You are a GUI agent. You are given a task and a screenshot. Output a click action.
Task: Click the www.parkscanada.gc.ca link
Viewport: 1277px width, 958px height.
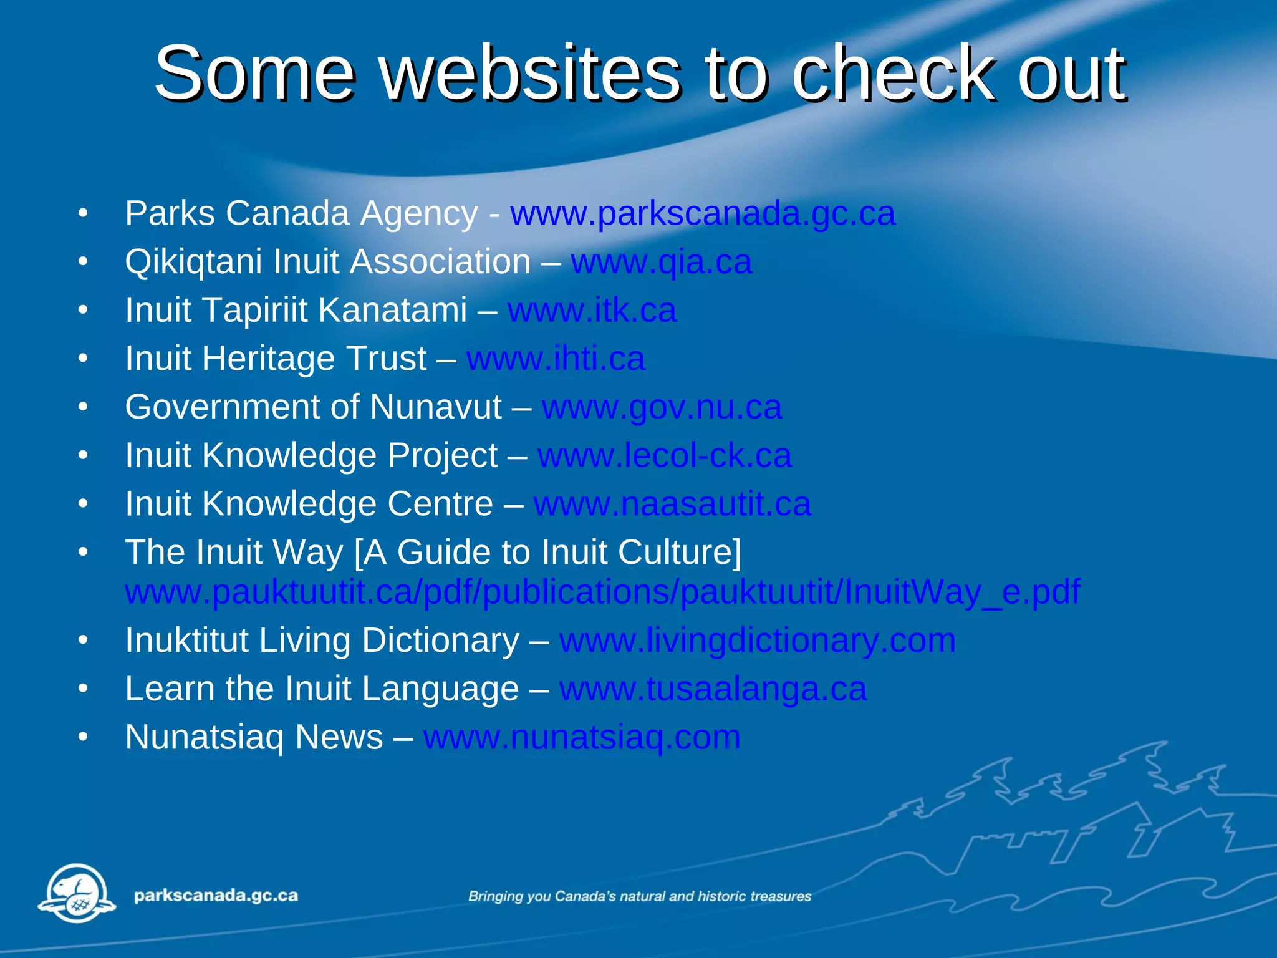pos(703,214)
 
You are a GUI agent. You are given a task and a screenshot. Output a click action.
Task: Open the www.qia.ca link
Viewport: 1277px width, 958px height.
pos(662,262)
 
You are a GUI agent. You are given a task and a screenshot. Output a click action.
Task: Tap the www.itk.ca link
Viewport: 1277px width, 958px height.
pos(592,311)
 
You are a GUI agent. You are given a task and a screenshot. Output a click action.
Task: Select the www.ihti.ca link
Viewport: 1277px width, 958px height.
pos(556,359)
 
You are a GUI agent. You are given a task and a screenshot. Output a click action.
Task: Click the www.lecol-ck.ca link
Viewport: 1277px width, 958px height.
pos(665,456)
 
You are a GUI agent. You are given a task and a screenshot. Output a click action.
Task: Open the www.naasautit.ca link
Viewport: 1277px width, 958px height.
pos(672,505)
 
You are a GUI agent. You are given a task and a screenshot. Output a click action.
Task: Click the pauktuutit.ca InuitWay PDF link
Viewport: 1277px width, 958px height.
pos(602,592)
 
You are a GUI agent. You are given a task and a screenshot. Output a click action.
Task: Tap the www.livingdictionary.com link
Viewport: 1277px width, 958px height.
pos(757,641)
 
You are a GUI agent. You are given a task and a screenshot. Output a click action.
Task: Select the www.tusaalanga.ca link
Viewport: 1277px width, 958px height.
pos(713,689)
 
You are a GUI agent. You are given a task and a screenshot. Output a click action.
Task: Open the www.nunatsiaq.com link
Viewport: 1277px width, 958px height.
pos(582,737)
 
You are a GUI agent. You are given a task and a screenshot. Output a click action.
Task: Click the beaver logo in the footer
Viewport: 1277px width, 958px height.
pos(77,893)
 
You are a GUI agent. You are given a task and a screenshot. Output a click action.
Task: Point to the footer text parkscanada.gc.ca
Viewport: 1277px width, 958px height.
pos(216,896)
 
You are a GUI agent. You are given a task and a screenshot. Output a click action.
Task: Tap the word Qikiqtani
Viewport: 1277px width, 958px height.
pos(193,262)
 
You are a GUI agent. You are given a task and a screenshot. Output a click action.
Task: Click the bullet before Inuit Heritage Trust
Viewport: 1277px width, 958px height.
pos(83,359)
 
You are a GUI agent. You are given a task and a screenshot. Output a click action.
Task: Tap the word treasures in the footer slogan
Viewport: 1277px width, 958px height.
pos(781,897)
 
